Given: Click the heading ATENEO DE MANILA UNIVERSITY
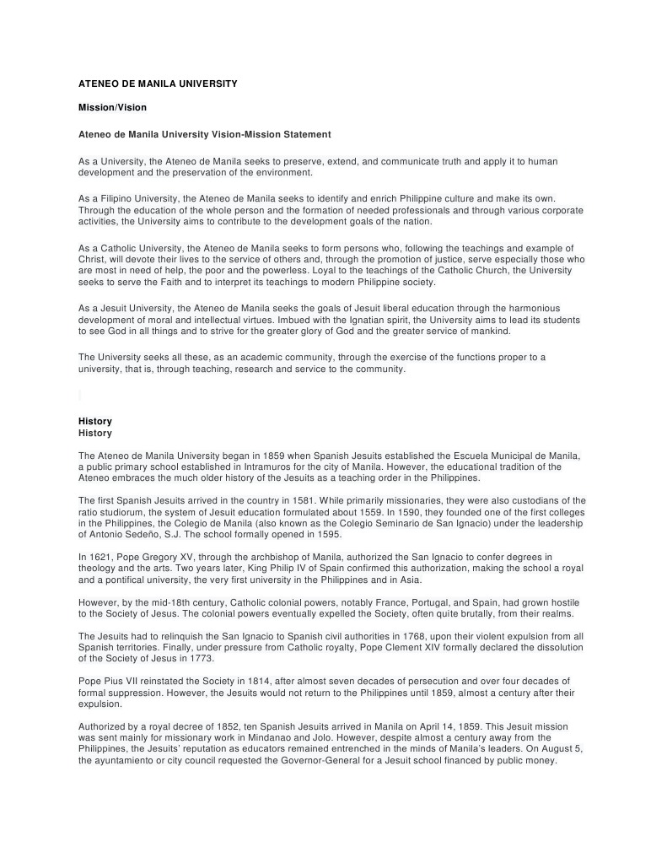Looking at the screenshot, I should [x=158, y=84].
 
